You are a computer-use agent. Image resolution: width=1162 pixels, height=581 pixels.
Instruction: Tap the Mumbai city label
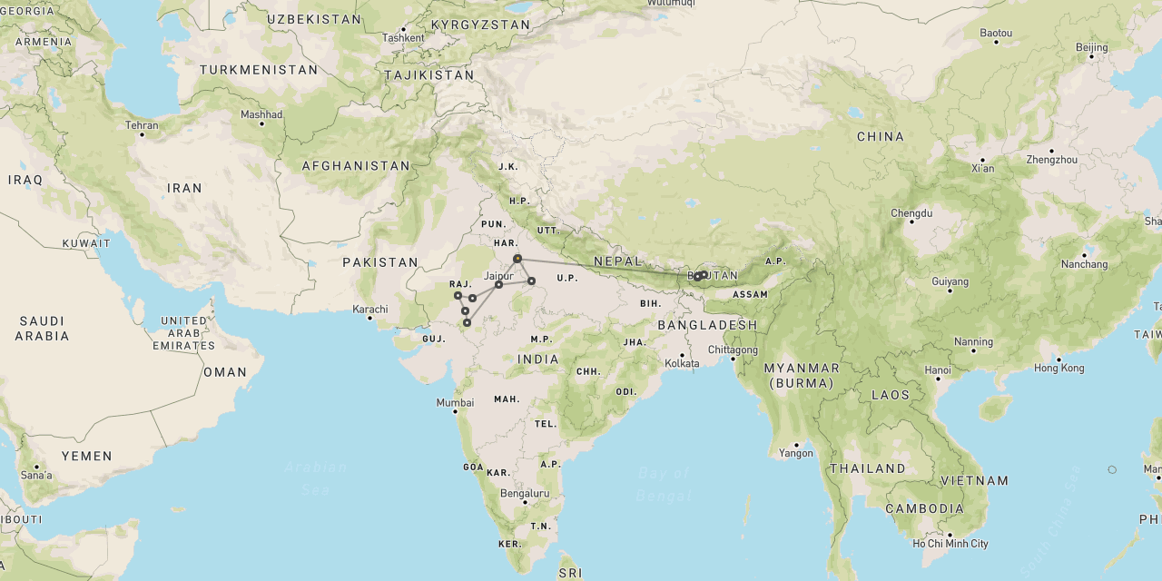(x=455, y=402)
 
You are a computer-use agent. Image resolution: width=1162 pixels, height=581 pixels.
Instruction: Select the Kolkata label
(x=682, y=363)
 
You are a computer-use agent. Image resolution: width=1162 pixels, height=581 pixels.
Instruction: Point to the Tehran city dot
(x=142, y=134)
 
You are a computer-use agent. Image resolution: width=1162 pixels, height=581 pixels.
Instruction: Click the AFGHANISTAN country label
(x=356, y=166)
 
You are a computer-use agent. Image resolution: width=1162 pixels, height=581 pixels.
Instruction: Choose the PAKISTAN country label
(x=380, y=262)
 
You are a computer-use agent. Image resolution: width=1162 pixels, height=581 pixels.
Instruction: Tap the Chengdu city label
(x=911, y=213)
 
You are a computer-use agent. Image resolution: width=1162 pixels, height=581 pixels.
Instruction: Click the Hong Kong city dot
(x=1059, y=359)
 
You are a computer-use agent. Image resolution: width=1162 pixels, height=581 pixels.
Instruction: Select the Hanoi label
(x=938, y=369)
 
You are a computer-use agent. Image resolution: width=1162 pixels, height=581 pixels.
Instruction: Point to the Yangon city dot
(x=797, y=444)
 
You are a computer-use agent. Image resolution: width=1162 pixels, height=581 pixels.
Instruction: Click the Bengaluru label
(x=525, y=493)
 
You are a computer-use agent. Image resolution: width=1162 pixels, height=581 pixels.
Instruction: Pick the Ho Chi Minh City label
(x=950, y=544)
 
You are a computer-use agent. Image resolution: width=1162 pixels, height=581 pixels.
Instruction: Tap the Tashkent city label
(x=403, y=37)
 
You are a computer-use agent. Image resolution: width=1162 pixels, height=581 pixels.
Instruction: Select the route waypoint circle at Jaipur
(x=498, y=285)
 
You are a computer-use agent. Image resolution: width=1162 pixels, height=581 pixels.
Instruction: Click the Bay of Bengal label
(x=664, y=484)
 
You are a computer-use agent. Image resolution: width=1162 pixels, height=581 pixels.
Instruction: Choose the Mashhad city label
(x=261, y=114)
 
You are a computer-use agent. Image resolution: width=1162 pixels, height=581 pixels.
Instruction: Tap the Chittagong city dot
(x=733, y=359)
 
